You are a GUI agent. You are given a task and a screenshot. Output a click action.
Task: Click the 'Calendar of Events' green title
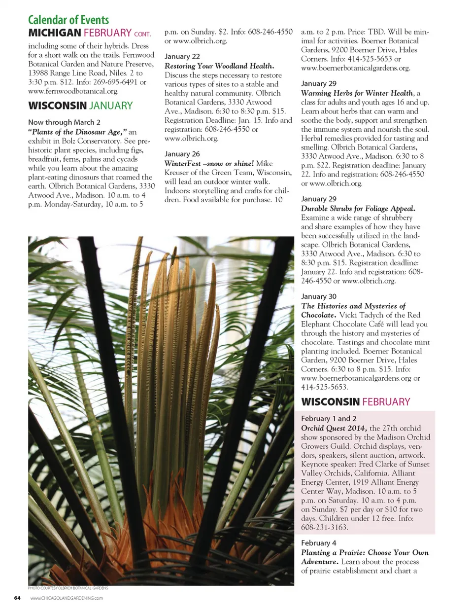pyautogui.click(x=68, y=20)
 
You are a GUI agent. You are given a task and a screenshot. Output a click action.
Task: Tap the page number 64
pyautogui.click(x=17, y=598)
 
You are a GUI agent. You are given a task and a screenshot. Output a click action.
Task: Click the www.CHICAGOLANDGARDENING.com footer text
pyautogui.click(x=67, y=598)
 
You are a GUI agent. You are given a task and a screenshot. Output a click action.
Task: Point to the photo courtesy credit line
pyautogui.click(x=68, y=588)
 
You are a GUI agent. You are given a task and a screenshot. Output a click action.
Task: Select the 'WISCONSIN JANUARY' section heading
pyautogui.click(x=80, y=106)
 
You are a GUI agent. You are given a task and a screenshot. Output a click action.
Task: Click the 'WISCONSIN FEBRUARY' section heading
pyautogui.click(x=355, y=402)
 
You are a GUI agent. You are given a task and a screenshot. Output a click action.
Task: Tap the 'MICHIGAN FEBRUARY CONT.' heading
pyautogui.click(x=89, y=33)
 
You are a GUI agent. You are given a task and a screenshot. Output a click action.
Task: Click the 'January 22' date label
pyautogui.click(x=182, y=57)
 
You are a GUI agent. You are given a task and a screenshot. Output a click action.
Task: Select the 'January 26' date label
pyautogui.click(x=182, y=154)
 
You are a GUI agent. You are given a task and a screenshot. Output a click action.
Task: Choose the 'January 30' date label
pyautogui.click(x=319, y=296)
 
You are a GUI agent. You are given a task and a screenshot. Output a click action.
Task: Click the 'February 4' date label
pyautogui.click(x=319, y=543)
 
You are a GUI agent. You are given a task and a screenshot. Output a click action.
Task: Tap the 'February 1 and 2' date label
pyautogui.click(x=329, y=418)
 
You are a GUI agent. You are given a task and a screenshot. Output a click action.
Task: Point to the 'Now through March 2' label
pyautogui.click(x=64, y=122)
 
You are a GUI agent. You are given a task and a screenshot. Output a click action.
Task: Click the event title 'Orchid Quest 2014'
pyautogui.click(x=334, y=428)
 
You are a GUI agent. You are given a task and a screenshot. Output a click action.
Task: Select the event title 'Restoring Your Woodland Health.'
pyautogui.click(x=219, y=66)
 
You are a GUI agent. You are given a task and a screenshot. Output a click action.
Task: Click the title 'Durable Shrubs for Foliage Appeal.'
pyautogui.click(x=358, y=208)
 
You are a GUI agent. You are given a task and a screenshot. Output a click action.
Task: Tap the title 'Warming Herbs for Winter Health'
pyautogui.click(x=357, y=93)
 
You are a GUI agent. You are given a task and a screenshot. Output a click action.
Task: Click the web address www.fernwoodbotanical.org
pyautogui.click(x=73, y=91)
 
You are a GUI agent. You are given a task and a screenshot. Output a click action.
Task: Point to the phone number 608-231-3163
pyautogui.click(x=324, y=527)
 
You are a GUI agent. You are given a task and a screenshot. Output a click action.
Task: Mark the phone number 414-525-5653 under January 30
pyautogui.click(x=324, y=387)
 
